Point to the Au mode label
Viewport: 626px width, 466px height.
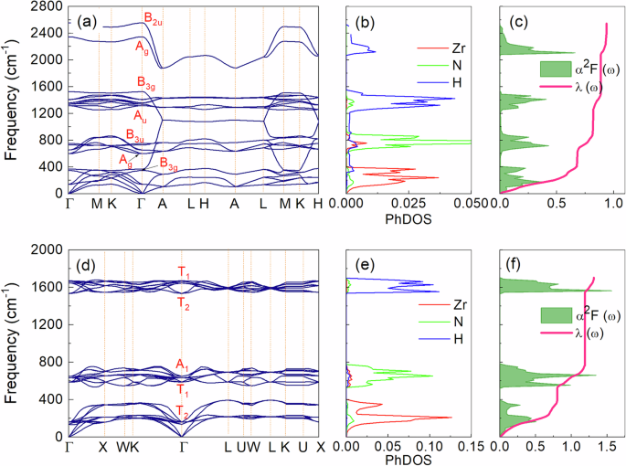coord(140,116)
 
